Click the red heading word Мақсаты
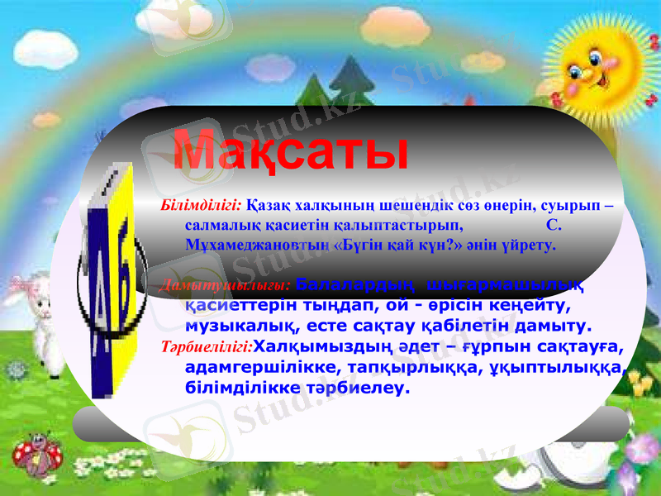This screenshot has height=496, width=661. tap(291, 151)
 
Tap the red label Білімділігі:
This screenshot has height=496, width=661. tap(202, 204)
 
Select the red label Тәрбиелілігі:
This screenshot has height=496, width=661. tap(207, 346)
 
